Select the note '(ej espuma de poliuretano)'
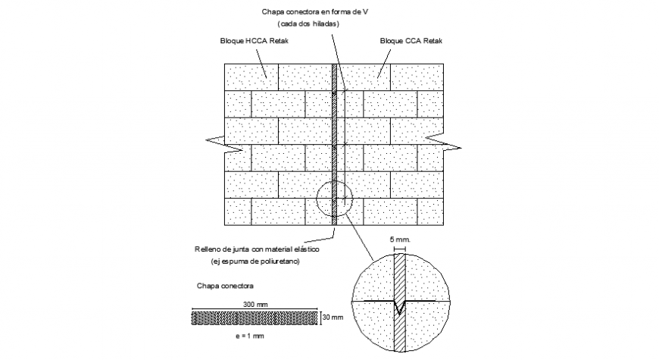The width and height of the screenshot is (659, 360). (256, 261)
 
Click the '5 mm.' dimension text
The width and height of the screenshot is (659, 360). (399, 240)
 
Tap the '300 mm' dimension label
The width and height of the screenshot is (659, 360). (255, 305)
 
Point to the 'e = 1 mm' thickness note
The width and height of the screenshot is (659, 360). (253, 334)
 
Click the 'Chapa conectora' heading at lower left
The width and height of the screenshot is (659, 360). (225, 286)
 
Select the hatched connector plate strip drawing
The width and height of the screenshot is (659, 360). (255, 316)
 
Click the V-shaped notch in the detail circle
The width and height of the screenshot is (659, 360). (401, 305)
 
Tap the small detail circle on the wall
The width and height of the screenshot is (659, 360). (335, 199)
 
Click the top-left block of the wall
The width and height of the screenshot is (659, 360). (251, 77)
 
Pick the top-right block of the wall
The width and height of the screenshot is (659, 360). (417, 77)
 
